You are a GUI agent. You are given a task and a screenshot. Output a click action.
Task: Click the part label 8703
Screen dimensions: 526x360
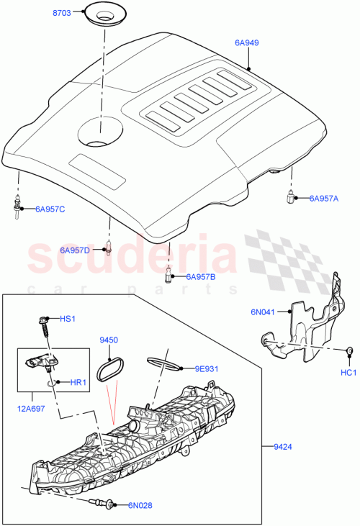tap(63, 14)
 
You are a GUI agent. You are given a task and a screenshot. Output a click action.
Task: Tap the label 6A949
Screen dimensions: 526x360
tap(246, 43)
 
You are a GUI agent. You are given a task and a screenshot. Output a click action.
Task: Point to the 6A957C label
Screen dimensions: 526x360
tap(50, 209)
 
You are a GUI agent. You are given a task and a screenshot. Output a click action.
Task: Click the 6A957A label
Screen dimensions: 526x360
tap(323, 198)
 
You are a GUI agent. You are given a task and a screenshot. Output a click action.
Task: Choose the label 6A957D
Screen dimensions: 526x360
tap(75, 250)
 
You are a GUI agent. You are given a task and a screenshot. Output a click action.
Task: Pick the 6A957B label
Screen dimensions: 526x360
tap(201, 276)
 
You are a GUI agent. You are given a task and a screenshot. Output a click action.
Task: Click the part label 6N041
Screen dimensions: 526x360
tap(263, 312)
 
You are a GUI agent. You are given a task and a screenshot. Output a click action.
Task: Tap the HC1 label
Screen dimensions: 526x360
tap(348, 373)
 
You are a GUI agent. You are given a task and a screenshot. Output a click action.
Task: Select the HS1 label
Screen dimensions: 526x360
tap(67, 318)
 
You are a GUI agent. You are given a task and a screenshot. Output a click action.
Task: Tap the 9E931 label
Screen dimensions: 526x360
tap(207, 369)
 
